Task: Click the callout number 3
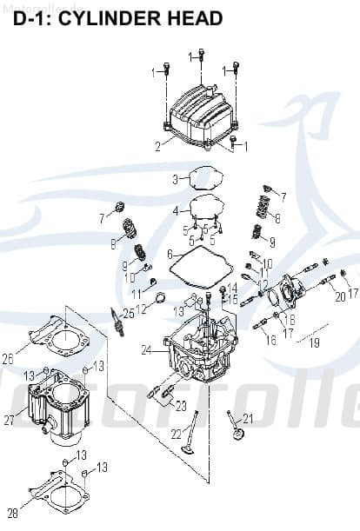[175, 180]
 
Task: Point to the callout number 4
[175, 211]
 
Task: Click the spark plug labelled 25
[116, 321]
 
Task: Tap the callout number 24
[147, 350]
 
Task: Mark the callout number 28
[12, 511]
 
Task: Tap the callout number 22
[175, 434]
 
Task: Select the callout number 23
[180, 406]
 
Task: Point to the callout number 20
[340, 296]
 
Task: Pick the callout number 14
[232, 288]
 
